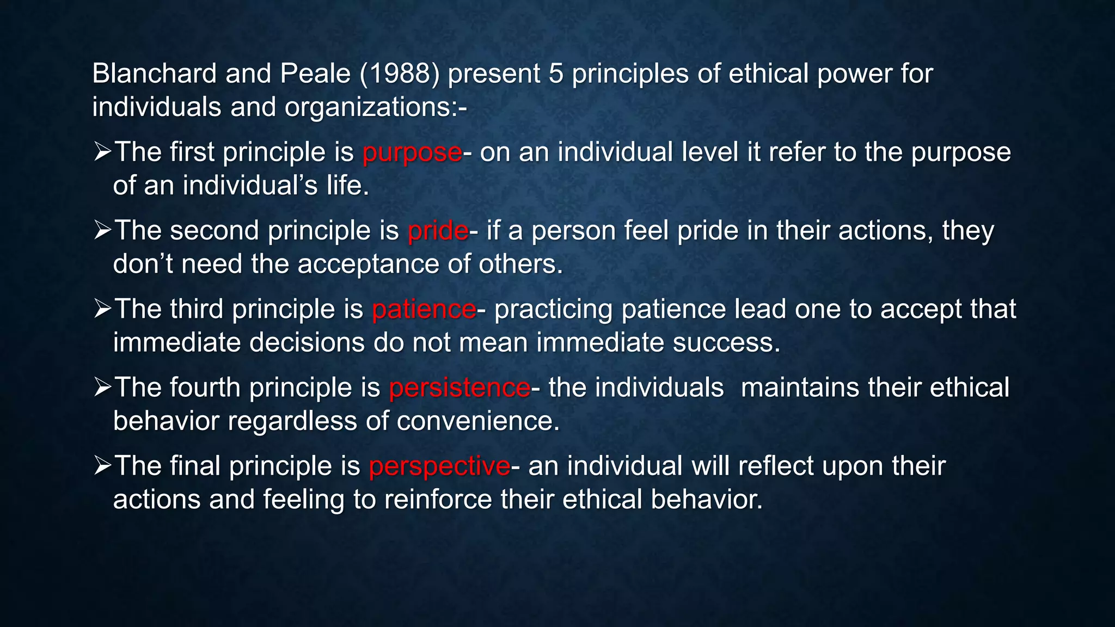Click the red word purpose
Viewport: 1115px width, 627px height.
tap(412, 153)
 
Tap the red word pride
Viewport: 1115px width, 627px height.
tap(438, 231)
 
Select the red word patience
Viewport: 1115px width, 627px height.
tap(424, 309)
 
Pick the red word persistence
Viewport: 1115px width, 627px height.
tap(460, 388)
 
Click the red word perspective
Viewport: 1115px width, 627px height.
tap(439, 466)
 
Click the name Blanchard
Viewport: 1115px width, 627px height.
tap(154, 73)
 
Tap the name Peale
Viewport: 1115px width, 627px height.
tap(315, 73)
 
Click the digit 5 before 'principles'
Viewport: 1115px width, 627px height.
tap(555, 73)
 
